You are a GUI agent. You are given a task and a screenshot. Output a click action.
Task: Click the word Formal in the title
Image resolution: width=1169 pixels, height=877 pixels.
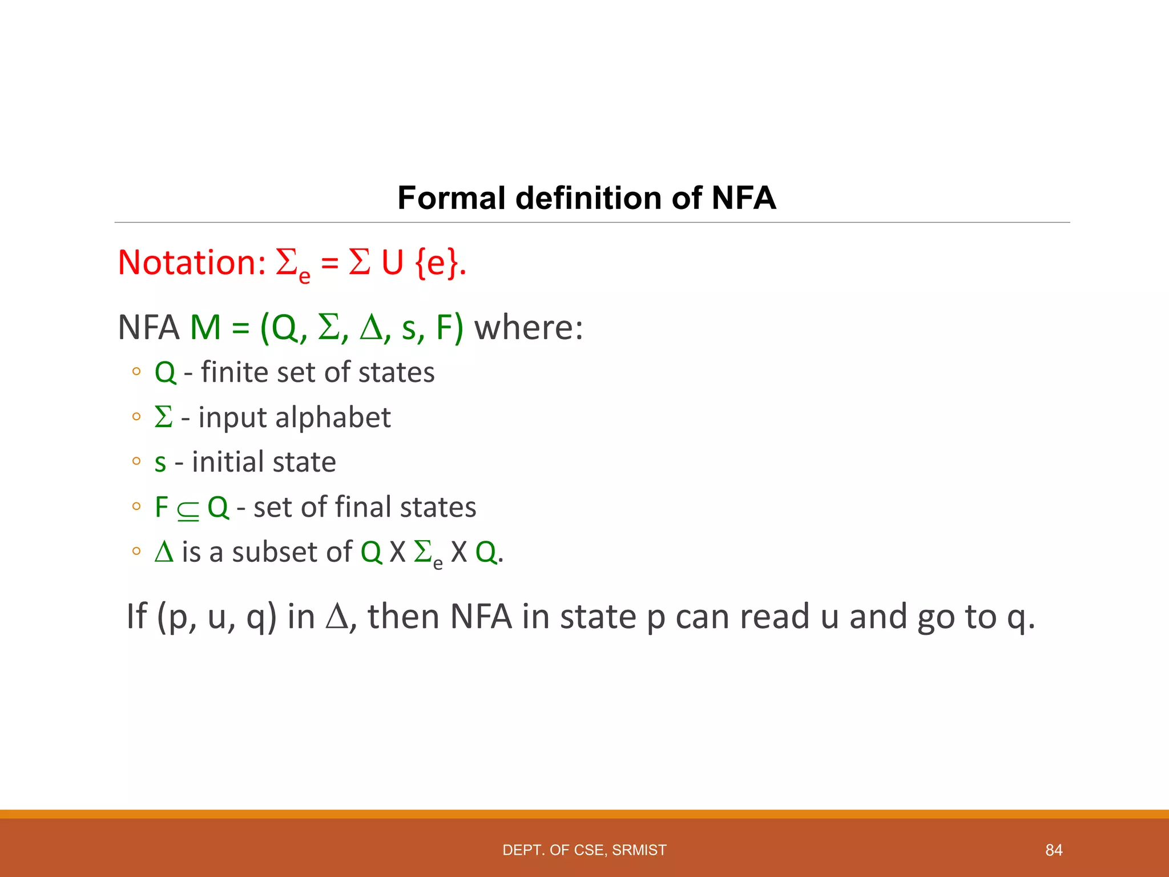(x=452, y=198)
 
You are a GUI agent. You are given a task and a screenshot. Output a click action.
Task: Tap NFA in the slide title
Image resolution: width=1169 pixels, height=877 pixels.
(x=743, y=198)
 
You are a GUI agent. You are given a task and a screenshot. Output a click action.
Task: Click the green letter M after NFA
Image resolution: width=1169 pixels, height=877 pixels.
(x=205, y=328)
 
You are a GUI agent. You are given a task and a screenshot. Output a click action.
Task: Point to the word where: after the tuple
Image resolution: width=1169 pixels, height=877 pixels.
(x=529, y=328)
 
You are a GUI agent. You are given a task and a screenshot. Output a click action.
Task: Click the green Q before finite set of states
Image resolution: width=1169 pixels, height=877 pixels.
(x=165, y=373)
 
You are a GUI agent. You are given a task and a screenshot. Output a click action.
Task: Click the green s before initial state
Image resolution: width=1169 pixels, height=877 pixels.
(x=160, y=463)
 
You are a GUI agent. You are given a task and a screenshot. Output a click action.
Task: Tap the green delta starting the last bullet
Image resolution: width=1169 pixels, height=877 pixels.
(x=164, y=552)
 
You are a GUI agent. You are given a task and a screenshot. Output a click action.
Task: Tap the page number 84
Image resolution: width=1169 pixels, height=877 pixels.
(x=1054, y=850)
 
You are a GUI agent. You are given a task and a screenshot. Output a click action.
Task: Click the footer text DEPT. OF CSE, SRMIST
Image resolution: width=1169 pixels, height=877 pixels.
(x=584, y=850)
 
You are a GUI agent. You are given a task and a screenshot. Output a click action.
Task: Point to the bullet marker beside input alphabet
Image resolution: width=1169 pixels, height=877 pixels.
(x=136, y=417)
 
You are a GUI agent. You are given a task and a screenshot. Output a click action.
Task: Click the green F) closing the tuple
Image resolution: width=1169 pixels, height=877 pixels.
(x=450, y=328)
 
